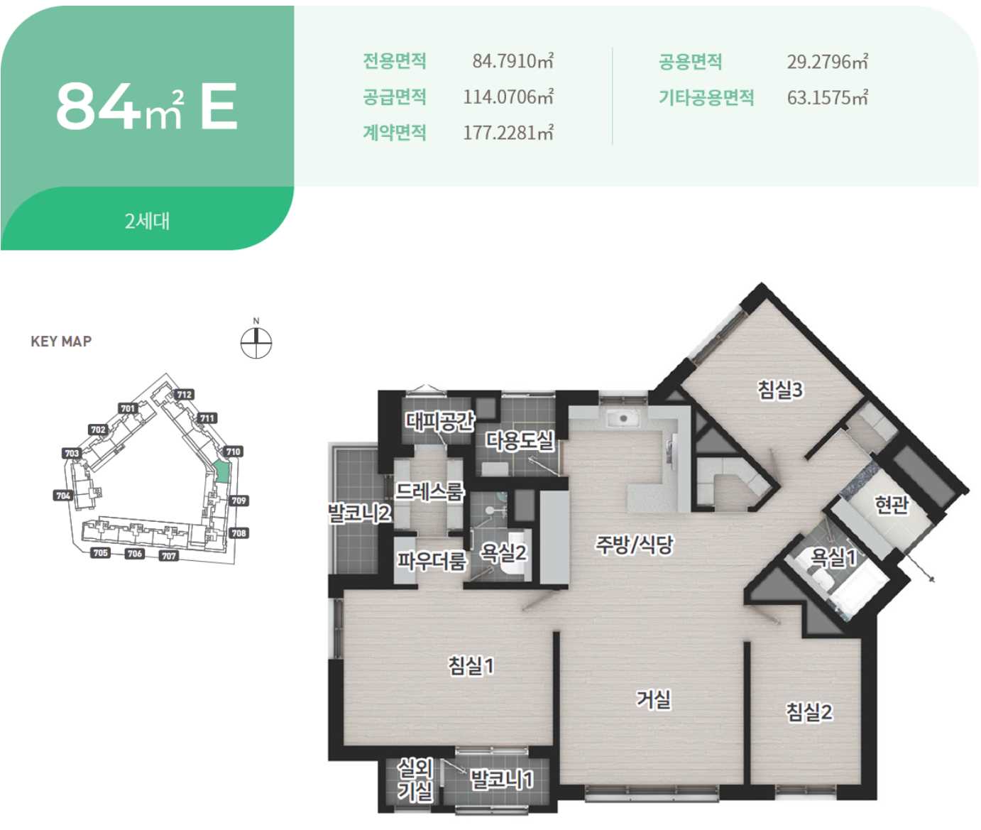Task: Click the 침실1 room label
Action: click(x=471, y=665)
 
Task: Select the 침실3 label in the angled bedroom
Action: click(x=780, y=390)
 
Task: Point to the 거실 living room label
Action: click(x=654, y=699)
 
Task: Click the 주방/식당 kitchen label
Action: click(x=635, y=544)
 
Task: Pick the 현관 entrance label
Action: click(x=892, y=504)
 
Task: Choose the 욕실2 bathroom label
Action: click(x=503, y=552)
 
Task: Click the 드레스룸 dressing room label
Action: click(x=429, y=491)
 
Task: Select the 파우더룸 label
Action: click(x=432, y=561)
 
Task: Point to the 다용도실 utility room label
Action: click(x=519, y=440)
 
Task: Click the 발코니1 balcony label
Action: click(x=501, y=779)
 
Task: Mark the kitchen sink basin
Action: click(x=624, y=418)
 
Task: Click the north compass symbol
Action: click(x=256, y=341)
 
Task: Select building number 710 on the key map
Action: click(x=233, y=452)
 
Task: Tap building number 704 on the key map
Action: click(x=63, y=496)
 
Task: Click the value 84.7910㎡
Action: click(x=513, y=61)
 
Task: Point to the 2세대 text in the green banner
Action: click(x=147, y=222)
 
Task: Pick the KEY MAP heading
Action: click(x=61, y=342)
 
